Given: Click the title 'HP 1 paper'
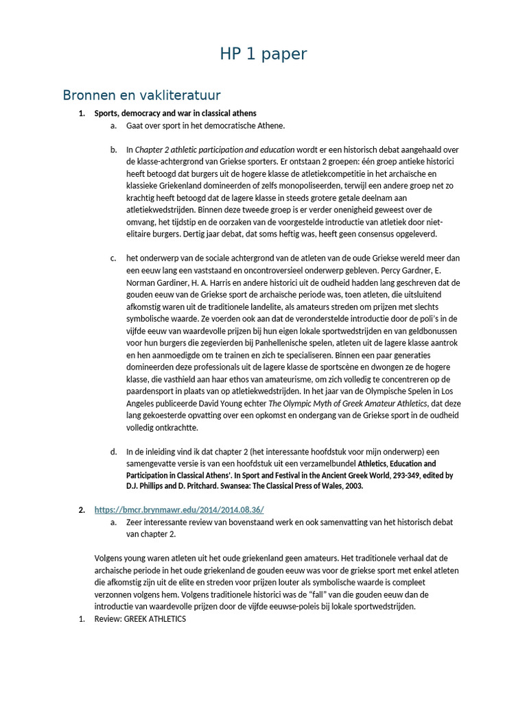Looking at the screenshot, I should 263,54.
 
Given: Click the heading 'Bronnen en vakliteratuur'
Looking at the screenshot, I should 141,95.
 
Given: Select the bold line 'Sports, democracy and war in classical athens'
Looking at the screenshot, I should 175,112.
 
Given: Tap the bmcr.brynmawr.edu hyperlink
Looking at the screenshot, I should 179,509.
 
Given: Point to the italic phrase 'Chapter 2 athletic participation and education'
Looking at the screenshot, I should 215,149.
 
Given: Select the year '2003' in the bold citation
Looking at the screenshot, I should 352,486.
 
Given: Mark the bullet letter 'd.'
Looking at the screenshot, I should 113,452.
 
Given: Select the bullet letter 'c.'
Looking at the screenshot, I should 113,258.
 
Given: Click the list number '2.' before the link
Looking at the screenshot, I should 81,509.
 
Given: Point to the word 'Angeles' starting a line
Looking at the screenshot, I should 142,403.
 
